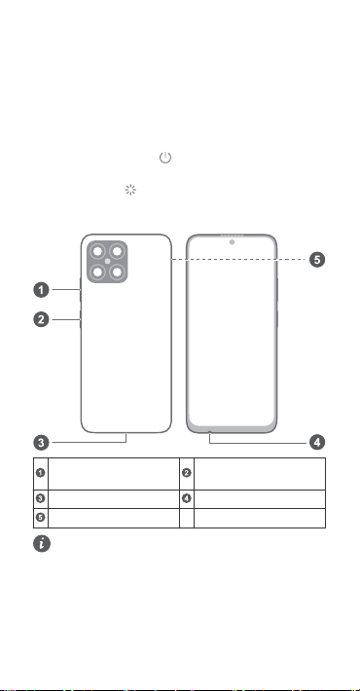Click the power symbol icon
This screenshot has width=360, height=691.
pyautogui.click(x=165, y=158)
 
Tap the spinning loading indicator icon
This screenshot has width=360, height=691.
pyautogui.click(x=130, y=190)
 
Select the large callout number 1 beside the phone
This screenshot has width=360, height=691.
pyautogui.click(x=42, y=290)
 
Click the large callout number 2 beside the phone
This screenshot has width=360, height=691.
pyautogui.click(x=42, y=319)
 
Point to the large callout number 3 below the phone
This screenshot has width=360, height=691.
pyautogui.click(x=42, y=442)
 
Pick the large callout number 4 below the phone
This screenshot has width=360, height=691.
pyautogui.click(x=317, y=442)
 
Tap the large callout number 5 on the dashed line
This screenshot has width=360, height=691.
pyautogui.click(x=317, y=260)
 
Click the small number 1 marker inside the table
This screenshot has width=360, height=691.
pyautogui.click(x=41, y=473)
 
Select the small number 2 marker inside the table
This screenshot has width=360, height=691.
pyautogui.click(x=187, y=473)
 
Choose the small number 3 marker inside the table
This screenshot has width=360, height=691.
pyautogui.click(x=41, y=498)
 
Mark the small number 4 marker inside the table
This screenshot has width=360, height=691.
pyautogui.click(x=187, y=498)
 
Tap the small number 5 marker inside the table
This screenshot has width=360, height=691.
pyautogui.click(x=41, y=518)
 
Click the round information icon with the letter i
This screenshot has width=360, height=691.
pyautogui.click(x=42, y=544)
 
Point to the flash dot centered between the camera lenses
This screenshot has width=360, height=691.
pyautogui.click(x=107, y=262)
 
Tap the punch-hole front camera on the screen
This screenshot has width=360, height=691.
pyautogui.click(x=232, y=242)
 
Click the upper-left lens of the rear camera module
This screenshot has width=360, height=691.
pyautogui.click(x=97, y=252)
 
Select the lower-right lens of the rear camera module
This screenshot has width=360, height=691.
pyautogui.click(x=117, y=272)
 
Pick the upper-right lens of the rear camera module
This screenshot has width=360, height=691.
pyautogui.click(x=117, y=252)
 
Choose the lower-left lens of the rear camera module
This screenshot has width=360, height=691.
pyautogui.click(x=97, y=272)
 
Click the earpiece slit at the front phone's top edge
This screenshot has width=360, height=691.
pyautogui.click(x=232, y=236)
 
